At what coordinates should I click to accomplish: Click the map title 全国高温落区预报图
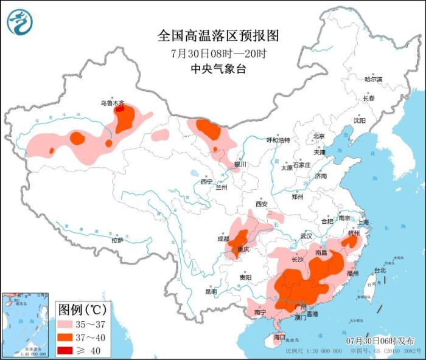[x=217, y=35]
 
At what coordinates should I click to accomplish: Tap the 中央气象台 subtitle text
[x=217, y=69]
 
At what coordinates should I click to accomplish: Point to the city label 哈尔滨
[x=373, y=80]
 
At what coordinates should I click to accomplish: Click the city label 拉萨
[x=117, y=240]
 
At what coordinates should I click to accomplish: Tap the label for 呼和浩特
[x=278, y=140]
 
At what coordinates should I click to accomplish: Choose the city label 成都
[x=222, y=239]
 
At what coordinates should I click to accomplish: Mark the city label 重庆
[x=244, y=249]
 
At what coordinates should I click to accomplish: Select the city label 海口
[x=279, y=336]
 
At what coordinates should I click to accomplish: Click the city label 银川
[x=241, y=164]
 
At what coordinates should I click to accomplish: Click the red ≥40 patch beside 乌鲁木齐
[x=120, y=110]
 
